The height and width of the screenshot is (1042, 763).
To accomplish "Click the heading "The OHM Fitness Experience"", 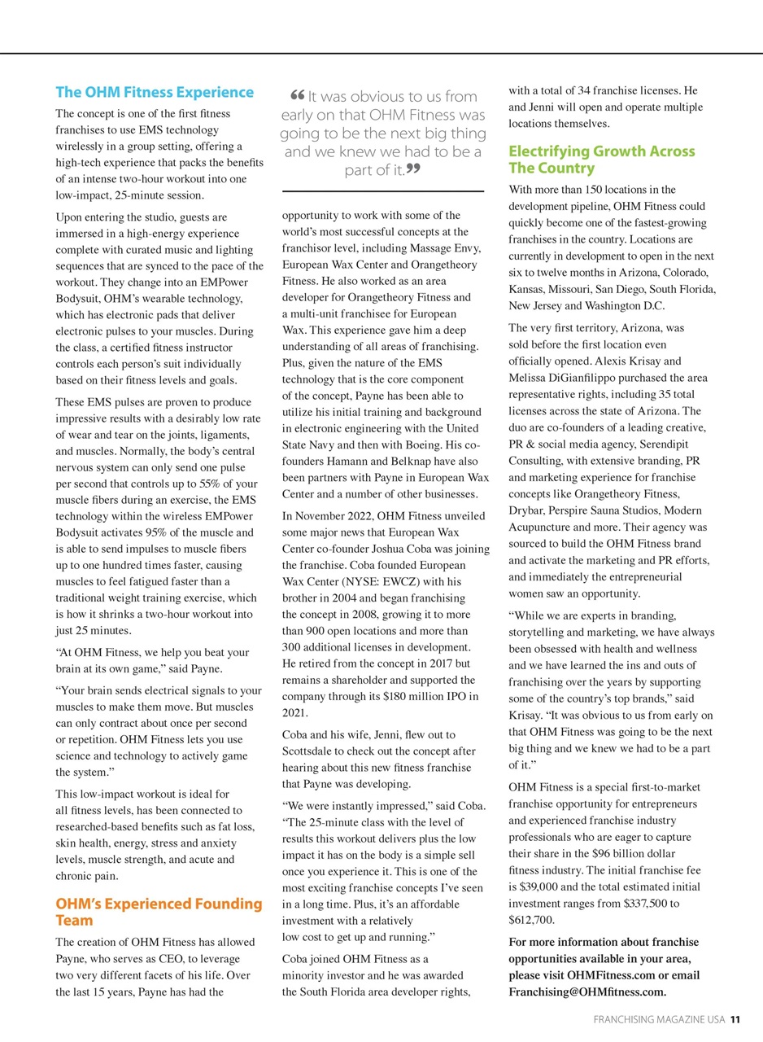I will pyautogui.click(x=155, y=92).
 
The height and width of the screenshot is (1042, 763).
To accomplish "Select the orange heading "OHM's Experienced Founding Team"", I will pyautogui.click(x=159, y=912).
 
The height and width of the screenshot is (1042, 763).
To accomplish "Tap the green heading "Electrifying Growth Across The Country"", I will pyautogui.click(x=602, y=160).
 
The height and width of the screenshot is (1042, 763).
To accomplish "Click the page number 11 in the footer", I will pyautogui.click(x=735, y=1019).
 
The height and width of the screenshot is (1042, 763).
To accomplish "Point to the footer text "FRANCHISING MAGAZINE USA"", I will pyautogui.click(x=659, y=1019).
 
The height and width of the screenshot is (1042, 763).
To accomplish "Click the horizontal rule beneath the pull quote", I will pyautogui.click(x=383, y=191).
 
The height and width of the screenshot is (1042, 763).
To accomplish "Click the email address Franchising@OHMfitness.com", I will pyautogui.click(x=586, y=992).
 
